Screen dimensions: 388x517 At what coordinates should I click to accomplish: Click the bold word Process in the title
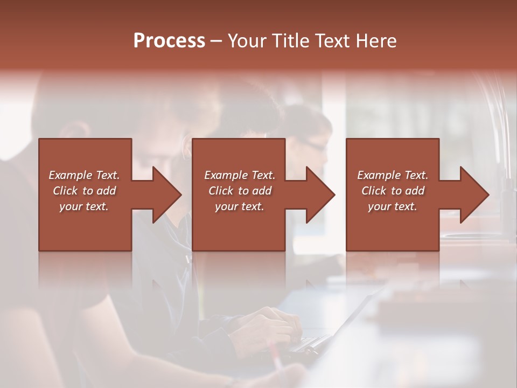[x=169, y=41]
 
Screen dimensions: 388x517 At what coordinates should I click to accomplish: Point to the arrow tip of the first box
[x=180, y=195]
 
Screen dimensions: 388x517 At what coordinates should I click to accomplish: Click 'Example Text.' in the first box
[x=85, y=175]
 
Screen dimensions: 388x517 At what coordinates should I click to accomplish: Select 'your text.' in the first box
[x=84, y=206]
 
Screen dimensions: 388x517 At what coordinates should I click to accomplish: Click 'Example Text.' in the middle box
[x=240, y=175]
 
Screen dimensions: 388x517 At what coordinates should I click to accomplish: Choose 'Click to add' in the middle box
[x=240, y=191]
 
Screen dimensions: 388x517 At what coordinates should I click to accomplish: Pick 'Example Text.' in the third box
[x=393, y=175]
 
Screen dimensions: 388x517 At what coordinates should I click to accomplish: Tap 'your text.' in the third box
[x=393, y=206]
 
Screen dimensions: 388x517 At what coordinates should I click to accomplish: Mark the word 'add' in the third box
[x=415, y=191]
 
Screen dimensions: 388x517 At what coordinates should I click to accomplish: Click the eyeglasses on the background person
[x=312, y=144]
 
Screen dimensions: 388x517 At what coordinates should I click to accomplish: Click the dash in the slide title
[x=216, y=41]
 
